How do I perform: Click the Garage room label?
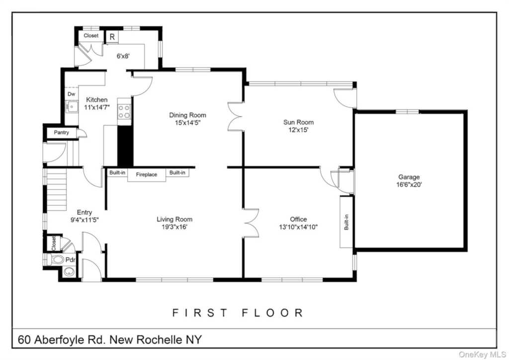[409, 177]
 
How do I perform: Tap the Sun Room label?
[298, 122]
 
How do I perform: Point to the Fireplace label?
[147, 175]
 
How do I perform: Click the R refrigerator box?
[112, 37]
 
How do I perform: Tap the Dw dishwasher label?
[71, 93]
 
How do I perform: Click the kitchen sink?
[72, 105]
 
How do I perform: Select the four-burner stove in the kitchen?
[124, 112]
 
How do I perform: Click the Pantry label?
[62, 133]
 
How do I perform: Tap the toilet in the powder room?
[57, 259]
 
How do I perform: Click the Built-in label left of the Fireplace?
[117, 173]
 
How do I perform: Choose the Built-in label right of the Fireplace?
[177, 173]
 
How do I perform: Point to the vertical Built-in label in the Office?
[346, 222]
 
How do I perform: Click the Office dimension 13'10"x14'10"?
[298, 227]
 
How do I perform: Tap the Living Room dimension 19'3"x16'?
[174, 227]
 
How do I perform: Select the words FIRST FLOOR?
[238, 313]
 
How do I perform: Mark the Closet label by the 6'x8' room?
[91, 36]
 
